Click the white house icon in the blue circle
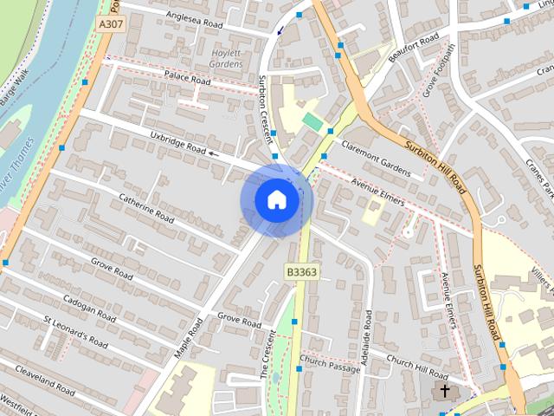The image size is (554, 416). coord(276,200)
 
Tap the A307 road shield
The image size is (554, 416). coord(111,24)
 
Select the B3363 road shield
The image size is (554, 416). coord(301,272)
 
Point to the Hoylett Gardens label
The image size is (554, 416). coord(226,57)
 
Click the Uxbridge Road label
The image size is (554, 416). coord(177,143)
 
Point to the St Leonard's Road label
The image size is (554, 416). coord(75,332)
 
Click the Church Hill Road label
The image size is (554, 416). coord(417,367)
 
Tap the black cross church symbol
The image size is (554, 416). coord(445,392)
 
